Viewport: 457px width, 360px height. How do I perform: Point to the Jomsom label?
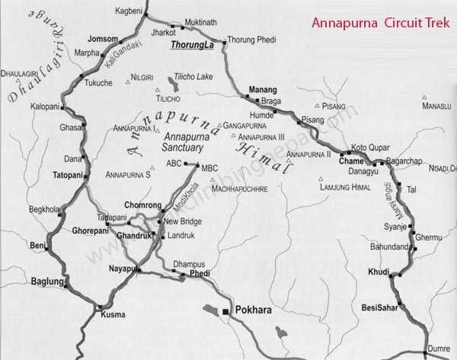pyautogui.click(x=104, y=39)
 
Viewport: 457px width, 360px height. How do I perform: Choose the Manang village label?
pyautogui.click(x=263, y=89)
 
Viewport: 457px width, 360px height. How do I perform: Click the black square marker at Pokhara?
pyautogui.click(x=225, y=312)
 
